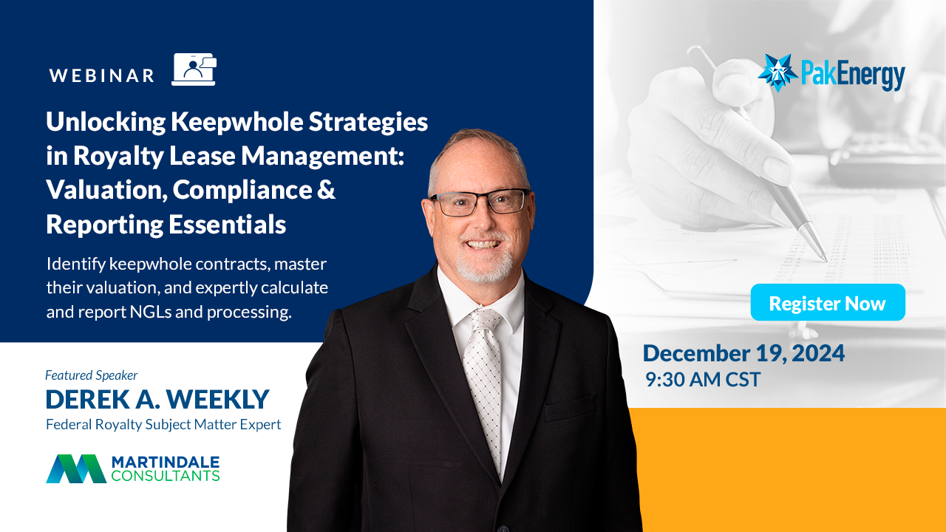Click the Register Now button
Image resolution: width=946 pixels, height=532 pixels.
coord(828,302)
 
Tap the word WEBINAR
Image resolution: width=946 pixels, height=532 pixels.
coord(102,75)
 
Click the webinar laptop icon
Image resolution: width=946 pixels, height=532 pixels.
coord(194,69)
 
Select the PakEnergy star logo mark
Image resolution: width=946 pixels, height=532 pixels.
coord(777,72)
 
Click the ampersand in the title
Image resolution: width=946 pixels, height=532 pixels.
coord(325,189)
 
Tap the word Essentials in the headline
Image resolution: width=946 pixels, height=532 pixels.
coord(228,224)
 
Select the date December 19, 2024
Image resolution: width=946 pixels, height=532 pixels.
coord(743,353)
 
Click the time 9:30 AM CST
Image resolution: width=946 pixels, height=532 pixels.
coord(703,379)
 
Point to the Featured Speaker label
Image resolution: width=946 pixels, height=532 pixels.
coord(92,375)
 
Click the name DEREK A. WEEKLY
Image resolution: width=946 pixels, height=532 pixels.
coord(157,399)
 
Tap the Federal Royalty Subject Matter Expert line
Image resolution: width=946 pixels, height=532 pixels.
coord(163,424)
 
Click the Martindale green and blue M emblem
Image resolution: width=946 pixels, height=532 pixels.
coord(76,468)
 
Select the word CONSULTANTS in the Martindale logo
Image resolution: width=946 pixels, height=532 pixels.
coord(165,476)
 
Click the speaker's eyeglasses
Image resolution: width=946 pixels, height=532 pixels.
coord(480,202)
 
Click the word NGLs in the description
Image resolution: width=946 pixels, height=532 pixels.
coord(150,312)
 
